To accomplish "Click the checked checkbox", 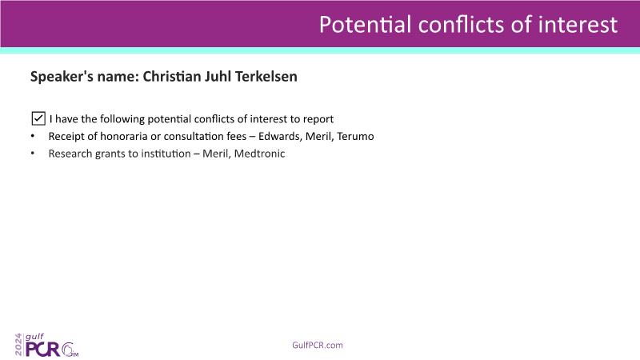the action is click(38, 118).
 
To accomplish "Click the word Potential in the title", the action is click(365, 24).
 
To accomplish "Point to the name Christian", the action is click(172, 76).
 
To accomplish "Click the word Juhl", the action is click(218, 76).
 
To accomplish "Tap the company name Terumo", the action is click(355, 136).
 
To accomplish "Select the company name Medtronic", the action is click(259, 154).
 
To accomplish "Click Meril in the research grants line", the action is click(216, 154).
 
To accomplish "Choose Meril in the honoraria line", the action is click(319, 136).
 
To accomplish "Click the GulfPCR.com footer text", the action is click(318, 345).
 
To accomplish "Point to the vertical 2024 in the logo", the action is click(18, 345).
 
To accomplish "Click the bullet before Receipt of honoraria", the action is click(33, 136).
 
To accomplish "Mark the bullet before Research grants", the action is click(33, 154).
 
